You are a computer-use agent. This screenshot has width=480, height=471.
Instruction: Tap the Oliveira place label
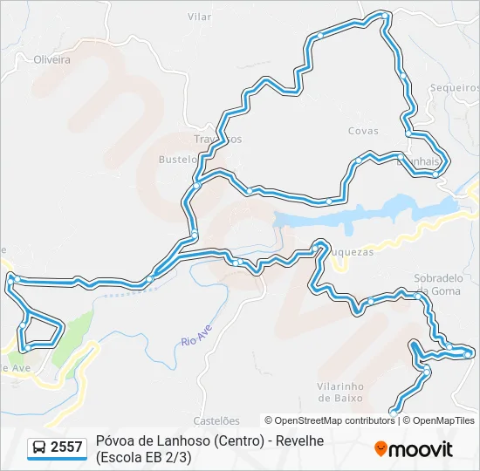tap(51, 60)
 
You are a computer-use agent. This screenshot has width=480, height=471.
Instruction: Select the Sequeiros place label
tap(455, 88)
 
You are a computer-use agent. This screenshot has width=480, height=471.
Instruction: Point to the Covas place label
tap(363, 131)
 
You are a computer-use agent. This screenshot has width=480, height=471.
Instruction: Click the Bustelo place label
tap(177, 160)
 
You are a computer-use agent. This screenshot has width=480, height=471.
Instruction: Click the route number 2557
tap(67, 447)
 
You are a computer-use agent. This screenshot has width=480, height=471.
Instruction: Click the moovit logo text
tap(421, 449)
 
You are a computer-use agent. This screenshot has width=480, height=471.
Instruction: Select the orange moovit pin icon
tap(381, 449)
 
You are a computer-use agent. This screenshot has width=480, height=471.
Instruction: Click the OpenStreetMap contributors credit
tap(330, 420)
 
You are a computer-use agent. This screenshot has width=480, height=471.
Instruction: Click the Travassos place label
tap(217, 139)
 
